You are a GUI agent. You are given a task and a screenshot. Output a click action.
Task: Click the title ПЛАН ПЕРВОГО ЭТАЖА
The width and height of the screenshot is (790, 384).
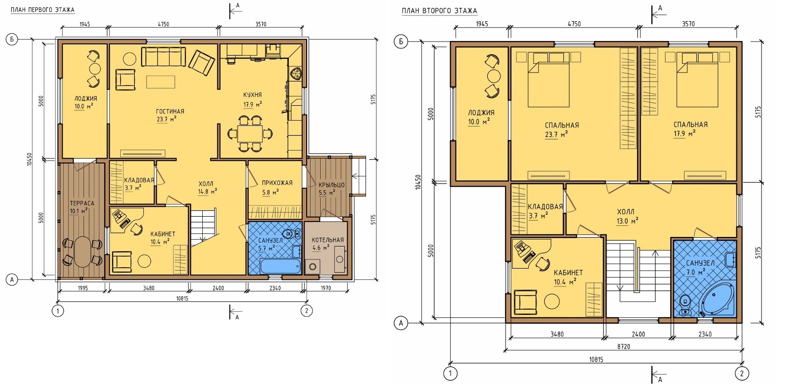[42, 10]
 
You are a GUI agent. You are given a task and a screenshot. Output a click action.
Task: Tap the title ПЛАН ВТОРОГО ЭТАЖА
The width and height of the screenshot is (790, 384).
[439, 11]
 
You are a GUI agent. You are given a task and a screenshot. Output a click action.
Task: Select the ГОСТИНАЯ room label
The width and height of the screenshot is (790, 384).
[170, 111]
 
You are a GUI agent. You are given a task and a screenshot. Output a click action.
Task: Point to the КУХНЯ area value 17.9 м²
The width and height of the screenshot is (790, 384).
[253, 104]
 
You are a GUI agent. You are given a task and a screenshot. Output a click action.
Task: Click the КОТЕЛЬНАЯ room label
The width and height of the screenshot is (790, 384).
[328, 240]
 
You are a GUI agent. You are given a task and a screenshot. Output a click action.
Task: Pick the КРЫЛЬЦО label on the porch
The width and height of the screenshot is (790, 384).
[332, 185]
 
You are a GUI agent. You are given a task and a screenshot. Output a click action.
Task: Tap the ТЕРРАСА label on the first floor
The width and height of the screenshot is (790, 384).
[82, 203]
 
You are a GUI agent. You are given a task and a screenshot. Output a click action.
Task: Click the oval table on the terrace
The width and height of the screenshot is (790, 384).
[83, 251]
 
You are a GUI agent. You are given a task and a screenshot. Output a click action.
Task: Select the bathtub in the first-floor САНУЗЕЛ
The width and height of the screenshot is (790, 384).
[281, 266]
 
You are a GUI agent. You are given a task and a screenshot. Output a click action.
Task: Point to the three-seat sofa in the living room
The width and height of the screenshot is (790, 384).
[163, 56]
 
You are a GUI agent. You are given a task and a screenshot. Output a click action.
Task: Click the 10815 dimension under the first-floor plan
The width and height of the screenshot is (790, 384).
[183, 299]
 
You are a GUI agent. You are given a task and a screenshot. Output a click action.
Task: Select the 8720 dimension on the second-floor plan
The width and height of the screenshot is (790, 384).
[624, 347]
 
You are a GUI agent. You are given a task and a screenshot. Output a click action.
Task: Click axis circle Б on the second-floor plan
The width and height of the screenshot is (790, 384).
[401, 41]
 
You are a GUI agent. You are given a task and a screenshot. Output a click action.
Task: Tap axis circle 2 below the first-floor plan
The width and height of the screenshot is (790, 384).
[307, 311]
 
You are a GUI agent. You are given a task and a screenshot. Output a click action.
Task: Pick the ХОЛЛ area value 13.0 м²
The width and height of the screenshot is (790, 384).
[628, 221]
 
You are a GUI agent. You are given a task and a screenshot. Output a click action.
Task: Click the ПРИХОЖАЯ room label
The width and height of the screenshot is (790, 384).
[277, 183]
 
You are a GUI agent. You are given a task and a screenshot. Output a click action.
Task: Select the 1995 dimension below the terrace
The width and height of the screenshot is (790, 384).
[83, 288]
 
